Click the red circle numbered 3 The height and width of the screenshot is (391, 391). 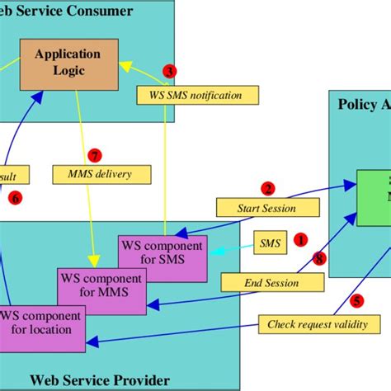169,72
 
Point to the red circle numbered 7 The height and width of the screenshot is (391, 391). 95,155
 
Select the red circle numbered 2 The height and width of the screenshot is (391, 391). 268,188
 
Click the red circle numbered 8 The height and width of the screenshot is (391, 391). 319,258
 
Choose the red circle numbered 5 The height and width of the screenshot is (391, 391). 356,302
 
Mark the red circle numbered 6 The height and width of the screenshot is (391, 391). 14,198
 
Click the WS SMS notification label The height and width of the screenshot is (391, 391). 197,96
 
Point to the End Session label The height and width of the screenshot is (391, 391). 271,283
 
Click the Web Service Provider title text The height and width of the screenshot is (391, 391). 100,380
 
